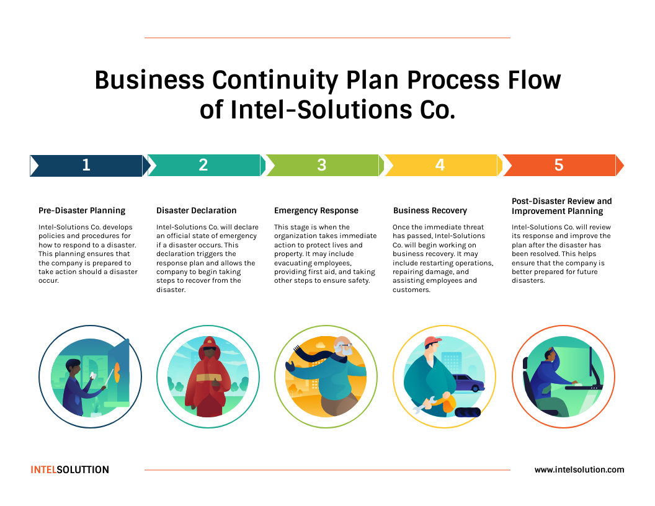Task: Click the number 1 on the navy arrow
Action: [x=86, y=165]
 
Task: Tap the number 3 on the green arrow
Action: [x=321, y=165]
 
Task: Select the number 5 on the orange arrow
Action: [x=558, y=165]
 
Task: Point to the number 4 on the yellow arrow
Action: [x=440, y=165]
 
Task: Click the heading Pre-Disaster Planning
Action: [x=82, y=210]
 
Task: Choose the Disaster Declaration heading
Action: [x=196, y=210]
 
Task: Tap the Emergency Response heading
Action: [x=316, y=210]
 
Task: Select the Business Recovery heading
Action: [x=430, y=210]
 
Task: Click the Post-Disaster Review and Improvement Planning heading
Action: [x=561, y=206]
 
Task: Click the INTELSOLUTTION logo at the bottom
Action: [x=69, y=469]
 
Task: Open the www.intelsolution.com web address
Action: [x=579, y=469]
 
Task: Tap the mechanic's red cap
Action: [x=433, y=342]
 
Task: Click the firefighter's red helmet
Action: [x=208, y=343]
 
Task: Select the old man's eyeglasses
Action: [x=344, y=345]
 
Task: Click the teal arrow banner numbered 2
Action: [x=203, y=165]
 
